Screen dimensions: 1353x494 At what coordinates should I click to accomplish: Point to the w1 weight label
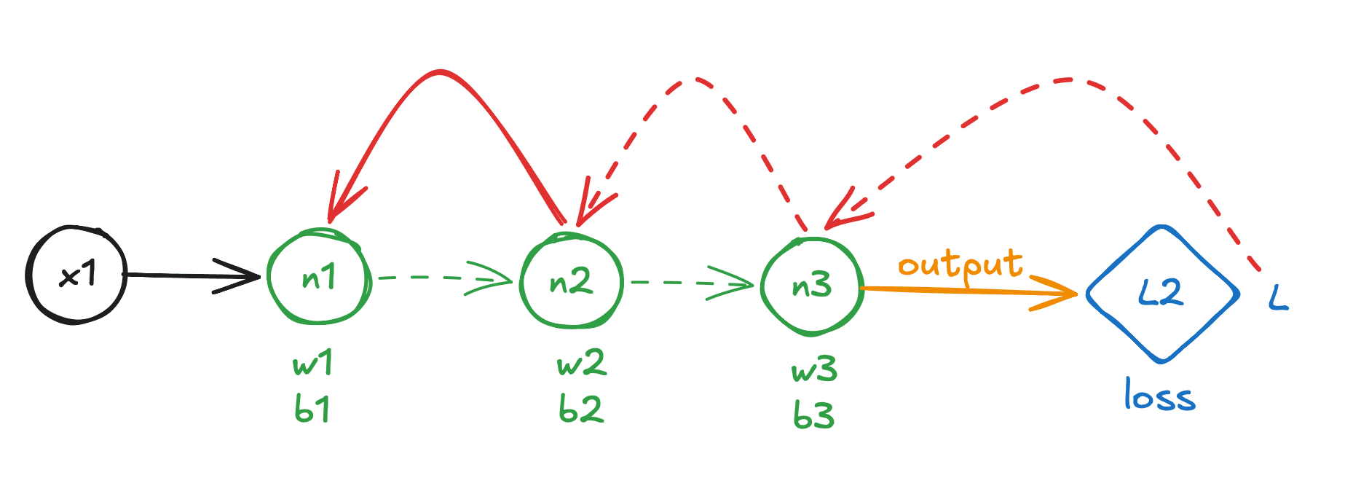click(x=313, y=362)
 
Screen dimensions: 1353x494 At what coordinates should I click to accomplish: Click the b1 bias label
click(x=312, y=409)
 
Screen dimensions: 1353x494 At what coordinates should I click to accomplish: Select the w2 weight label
click(x=581, y=363)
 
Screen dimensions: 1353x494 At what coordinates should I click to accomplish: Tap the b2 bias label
click(x=580, y=409)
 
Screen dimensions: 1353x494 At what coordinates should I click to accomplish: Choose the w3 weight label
click(x=814, y=369)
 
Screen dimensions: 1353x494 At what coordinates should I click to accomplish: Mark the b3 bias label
click(x=813, y=415)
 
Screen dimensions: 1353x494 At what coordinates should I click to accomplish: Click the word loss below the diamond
click(x=1159, y=395)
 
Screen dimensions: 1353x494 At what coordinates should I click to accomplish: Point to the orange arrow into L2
click(x=969, y=291)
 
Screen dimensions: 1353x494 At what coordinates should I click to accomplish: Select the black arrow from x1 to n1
click(x=194, y=275)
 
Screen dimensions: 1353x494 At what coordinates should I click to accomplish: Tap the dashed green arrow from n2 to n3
click(x=692, y=283)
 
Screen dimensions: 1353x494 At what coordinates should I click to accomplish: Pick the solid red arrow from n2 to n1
click(x=440, y=71)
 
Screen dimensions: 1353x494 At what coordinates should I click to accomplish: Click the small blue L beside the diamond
click(x=1278, y=298)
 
